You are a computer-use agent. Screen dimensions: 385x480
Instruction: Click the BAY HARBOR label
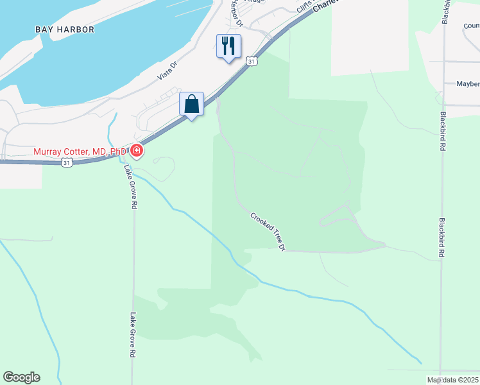click(x=65, y=30)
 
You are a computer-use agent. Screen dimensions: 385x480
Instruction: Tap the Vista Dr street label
click(x=167, y=71)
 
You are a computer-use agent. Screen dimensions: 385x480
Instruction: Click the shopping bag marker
click(x=191, y=103)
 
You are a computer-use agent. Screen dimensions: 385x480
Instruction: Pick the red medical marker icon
click(x=136, y=151)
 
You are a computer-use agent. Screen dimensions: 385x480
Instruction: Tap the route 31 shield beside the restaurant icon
click(x=252, y=61)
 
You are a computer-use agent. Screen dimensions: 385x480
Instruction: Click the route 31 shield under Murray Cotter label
click(x=67, y=164)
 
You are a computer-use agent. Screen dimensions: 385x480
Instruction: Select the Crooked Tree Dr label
click(x=268, y=232)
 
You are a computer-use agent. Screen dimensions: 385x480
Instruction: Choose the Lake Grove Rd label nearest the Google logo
click(x=133, y=335)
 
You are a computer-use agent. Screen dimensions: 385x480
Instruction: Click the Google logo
click(x=21, y=377)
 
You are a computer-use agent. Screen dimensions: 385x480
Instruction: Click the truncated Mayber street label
click(x=468, y=84)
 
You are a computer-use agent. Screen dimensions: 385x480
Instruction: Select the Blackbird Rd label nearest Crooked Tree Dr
click(x=442, y=237)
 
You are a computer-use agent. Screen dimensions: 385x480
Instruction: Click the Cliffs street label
click(x=304, y=7)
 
